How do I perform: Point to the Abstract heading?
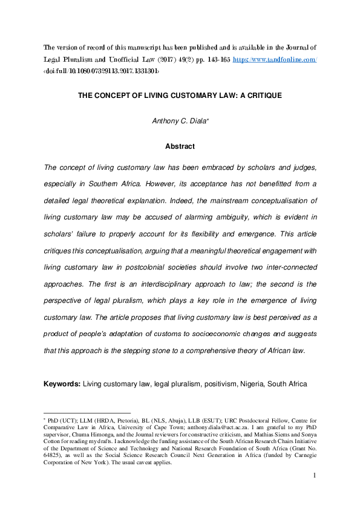(x=180, y=146)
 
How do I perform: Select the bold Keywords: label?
(x=62, y=384)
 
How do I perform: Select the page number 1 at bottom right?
(x=315, y=477)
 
